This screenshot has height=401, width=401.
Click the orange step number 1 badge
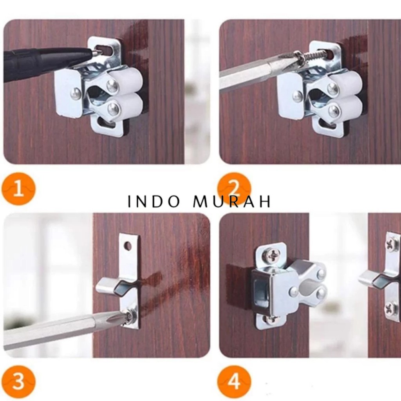pyautogui.click(x=19, y=190)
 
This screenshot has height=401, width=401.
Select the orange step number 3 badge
pyautogui.click(x=19, y=381)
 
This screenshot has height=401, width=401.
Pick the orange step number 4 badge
pyautogui.click(x=234, y=381)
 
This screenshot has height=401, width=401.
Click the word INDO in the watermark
pyautogui.click(x=154, y=202)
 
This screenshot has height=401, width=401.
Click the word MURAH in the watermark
pyautogui.click(x=232, y=202)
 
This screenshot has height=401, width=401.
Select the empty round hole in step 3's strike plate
pyautogui.click(x=128, y=246)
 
